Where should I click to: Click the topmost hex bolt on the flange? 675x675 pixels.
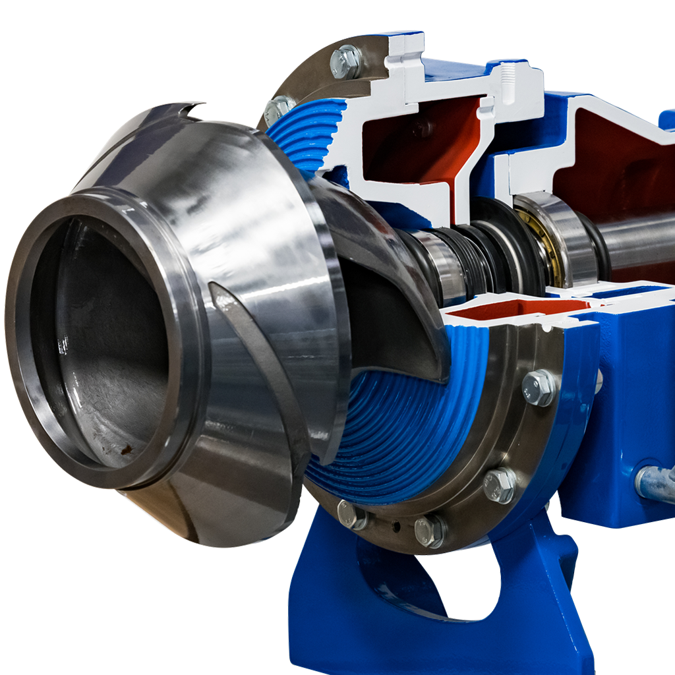tap(345, 61)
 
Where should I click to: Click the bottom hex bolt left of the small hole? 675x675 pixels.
tap(351, 514)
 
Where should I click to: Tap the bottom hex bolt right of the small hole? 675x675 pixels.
tap(430, 530)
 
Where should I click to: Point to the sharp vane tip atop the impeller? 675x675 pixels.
tap(191, 105)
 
